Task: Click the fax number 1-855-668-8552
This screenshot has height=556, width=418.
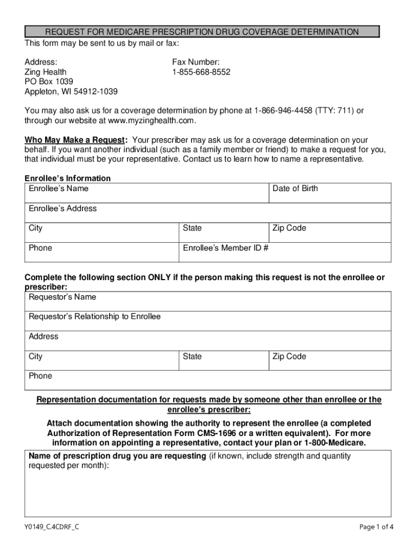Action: click(x=201, y=72)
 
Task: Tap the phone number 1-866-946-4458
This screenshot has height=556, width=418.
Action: click(x=283, y=111)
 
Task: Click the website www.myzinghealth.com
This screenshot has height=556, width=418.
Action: click(x=151, y=121)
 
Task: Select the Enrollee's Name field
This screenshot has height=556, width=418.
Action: click(x=147, y=193)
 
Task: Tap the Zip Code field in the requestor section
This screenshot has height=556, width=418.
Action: click(x=330, y=361)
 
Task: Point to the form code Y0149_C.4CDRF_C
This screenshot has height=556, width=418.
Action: click(x=52, y=527)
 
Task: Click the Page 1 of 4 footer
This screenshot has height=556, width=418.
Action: click(x=376, y=527)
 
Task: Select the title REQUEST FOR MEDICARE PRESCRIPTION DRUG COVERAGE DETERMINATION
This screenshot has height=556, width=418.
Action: click(x=202, y=32)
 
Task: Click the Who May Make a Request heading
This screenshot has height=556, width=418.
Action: click(x=76, y=140)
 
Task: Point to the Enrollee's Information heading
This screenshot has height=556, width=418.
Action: click(x=68, y=178)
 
